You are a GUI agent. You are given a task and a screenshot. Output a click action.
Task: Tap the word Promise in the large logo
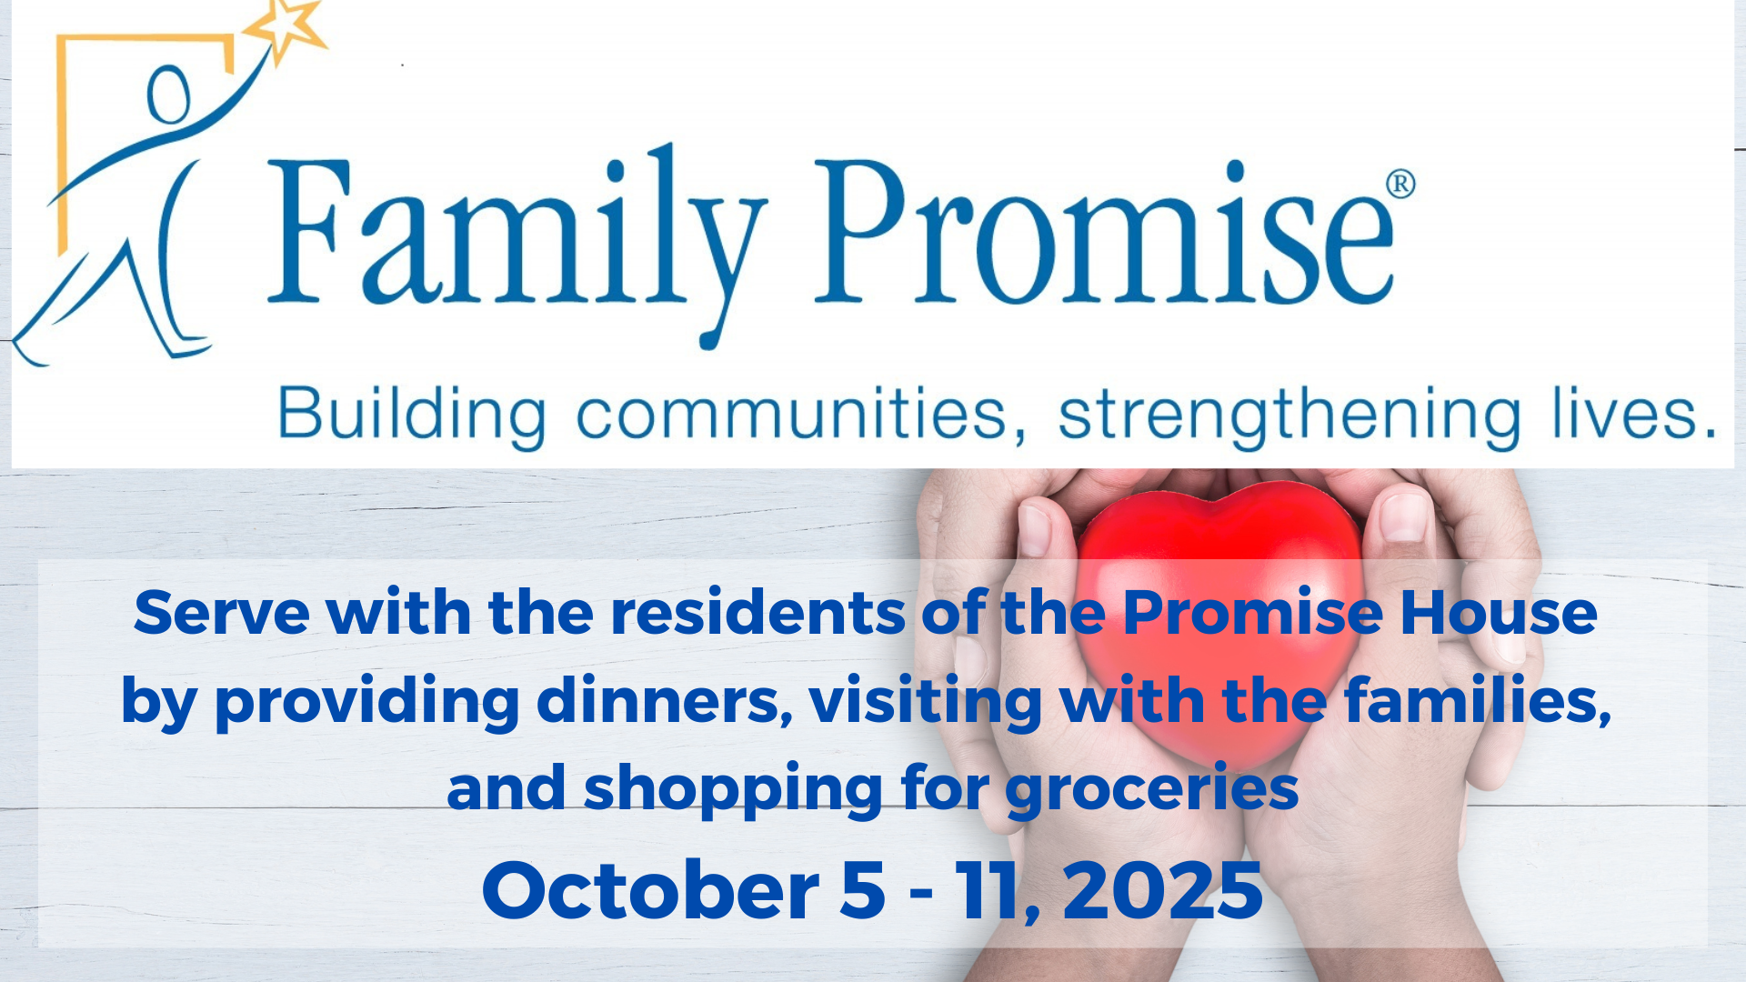(x=1103, y=232)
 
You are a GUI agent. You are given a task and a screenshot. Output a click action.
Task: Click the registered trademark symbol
(x=1400, y=184)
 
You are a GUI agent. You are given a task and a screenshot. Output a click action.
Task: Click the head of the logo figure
(x=169, y=95)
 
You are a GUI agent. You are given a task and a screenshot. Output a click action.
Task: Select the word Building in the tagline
(x=412, y=416)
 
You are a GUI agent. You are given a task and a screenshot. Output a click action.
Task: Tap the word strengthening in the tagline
(x=1289, y=416)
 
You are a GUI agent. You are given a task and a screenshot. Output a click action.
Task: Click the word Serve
(x=222, y=613)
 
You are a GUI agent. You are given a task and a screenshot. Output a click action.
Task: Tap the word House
(x=1499, y=613)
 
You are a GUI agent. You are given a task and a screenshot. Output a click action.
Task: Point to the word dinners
(x=664, y=701)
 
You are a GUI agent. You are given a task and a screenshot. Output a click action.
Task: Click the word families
(x=1478, y=701)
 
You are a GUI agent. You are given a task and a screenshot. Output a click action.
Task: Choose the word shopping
(x=733, y=789)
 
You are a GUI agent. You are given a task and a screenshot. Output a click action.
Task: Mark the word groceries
(x=1152, y=789)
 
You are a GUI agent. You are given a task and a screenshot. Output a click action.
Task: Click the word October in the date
(x=650, y=890)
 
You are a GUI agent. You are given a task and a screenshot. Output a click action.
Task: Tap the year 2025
(x=1163, y=890)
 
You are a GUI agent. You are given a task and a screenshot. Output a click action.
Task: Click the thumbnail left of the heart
(x=1034, y=527)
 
